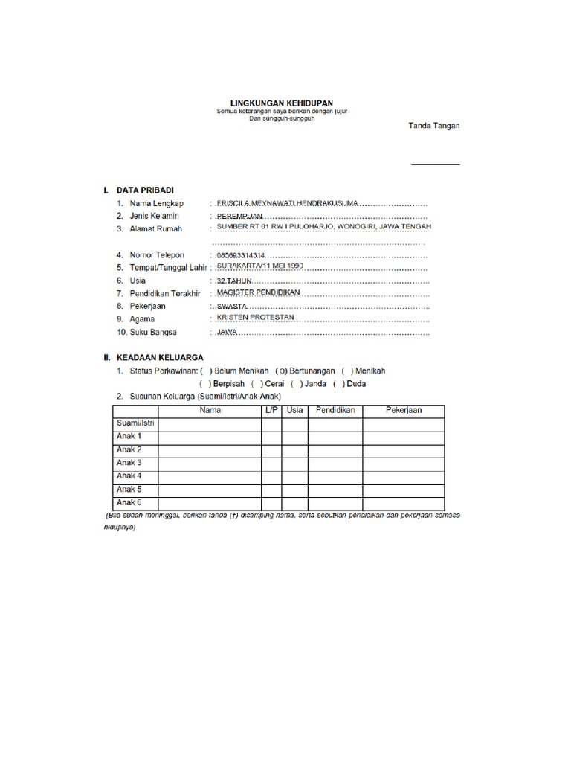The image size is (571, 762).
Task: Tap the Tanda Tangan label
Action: pos(434,126)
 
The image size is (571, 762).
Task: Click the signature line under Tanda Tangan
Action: pos(436,163)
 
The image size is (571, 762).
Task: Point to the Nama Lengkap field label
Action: pos(155,203)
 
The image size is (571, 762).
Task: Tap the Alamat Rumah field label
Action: pos(155,229)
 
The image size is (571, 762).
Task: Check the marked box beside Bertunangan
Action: pos(281,371)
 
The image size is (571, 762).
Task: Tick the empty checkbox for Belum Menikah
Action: pos(206,371)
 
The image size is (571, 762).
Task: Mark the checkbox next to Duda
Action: pos(339,384)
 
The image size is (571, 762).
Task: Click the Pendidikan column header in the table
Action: pos(335,411)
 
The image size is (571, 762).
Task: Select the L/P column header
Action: pos(271,411)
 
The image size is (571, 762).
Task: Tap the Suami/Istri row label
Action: pos(134,423)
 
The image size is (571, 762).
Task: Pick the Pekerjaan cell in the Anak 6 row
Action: pos(402,503)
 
